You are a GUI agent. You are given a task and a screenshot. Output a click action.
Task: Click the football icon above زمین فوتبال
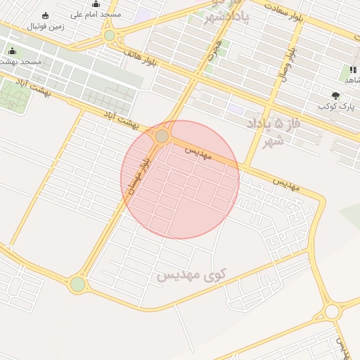pyautogui.click(x=46, y=15)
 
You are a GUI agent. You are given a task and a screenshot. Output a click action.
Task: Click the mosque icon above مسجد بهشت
pyautogui.click(x=12, y=51)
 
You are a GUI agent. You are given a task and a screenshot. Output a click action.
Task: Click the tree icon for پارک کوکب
pyautogui.click(x=335, y=95)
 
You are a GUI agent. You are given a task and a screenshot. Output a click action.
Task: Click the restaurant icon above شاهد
pyautogui.click(x=352, y=70)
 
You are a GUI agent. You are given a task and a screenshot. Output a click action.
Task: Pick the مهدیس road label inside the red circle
pyautogui.click(x=199, y=151)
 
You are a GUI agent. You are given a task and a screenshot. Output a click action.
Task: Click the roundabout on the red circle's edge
pyautogui.click(x=162, y=136)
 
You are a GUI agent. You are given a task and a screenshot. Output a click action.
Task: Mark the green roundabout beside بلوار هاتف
pyautogui.click(x=109, y=36)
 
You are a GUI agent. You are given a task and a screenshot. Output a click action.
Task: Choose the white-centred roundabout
pyautogui.click(x=331, y=312)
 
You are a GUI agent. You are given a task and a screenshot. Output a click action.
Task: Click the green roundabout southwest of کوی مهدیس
pyautogui.click(x=77, y=284)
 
